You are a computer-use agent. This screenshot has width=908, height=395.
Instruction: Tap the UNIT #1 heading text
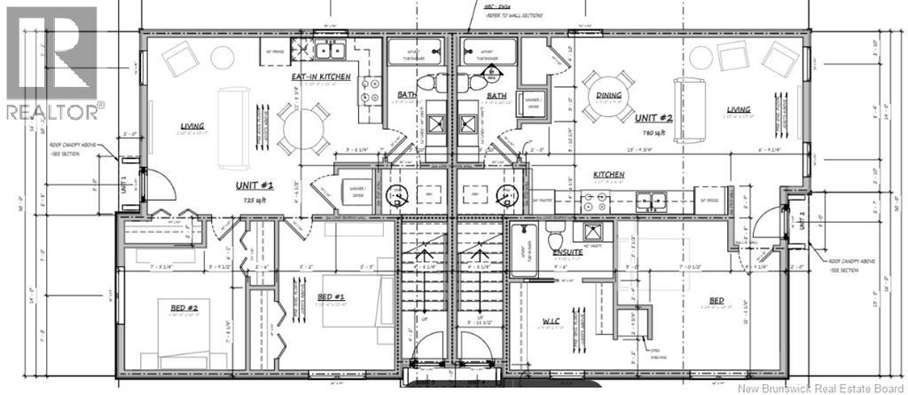[254, 185]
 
